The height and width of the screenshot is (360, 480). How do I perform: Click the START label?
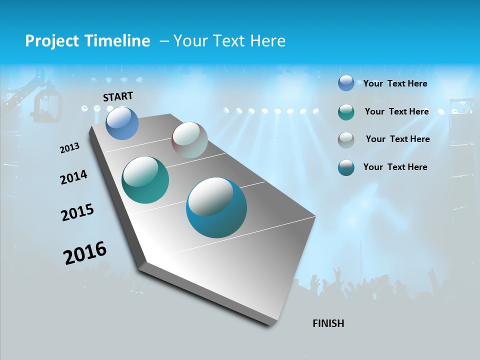coord(118,96)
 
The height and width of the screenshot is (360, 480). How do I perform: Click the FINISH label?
coord(328,323)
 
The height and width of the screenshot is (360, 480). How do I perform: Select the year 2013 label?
coord(70,148)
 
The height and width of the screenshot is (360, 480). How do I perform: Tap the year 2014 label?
coord(74,177)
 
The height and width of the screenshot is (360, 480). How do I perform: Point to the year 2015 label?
coord(77,212)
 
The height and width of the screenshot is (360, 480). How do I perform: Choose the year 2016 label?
coord(85,252)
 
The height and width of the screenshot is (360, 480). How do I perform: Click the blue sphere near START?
coord(122,123)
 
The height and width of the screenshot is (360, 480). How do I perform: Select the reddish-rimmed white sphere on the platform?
coord(190,140)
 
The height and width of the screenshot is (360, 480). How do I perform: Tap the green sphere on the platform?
coord(145,180)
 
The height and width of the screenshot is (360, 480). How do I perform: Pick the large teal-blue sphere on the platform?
coord(216,207)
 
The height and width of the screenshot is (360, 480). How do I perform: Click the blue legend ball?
coord(346,83)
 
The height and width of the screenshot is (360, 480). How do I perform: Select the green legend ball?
coord(346,112)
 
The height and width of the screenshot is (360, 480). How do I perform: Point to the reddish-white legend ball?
coord(346,139)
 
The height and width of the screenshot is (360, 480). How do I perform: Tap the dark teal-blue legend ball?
coord(346,167)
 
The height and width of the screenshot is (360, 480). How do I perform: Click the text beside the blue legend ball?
coord(395,83)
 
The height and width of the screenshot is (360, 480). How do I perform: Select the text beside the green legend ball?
coord(397,111)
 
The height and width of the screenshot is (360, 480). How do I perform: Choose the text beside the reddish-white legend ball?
coord(398,139)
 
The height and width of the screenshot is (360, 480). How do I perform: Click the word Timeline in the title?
coord(119,41)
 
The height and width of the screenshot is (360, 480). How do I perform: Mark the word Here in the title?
coord(267,41)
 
